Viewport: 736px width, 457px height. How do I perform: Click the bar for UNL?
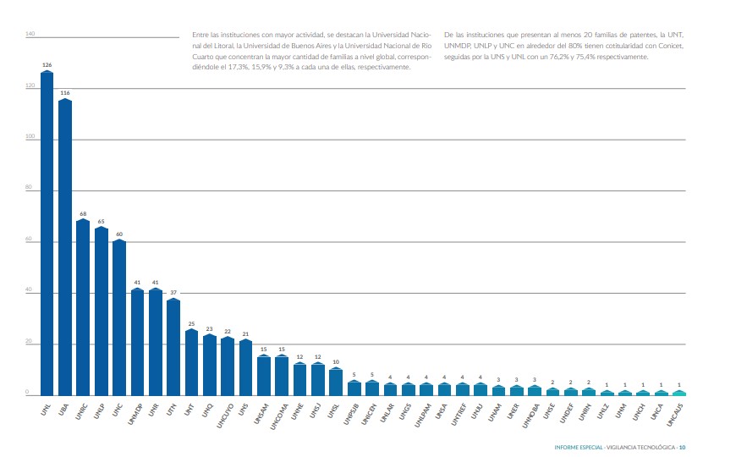47,233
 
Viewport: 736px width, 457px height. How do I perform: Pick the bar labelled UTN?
173,347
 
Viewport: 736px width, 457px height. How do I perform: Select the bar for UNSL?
336,382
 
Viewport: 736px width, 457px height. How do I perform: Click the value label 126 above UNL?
47,64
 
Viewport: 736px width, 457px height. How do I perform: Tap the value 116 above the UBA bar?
64,92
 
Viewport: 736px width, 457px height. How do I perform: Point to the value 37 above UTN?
173,292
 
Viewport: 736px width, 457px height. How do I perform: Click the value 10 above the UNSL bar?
336,361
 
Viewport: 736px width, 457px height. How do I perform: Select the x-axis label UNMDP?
135,411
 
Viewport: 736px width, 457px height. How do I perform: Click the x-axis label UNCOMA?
280,412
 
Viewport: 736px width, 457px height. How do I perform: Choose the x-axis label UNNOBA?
532,412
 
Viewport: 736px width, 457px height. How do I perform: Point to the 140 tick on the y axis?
30,34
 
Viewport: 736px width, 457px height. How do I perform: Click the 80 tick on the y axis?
29,190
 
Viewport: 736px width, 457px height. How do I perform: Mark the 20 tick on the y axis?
29,344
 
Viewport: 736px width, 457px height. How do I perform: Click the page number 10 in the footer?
682,448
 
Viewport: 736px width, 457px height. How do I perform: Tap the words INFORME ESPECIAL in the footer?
579,448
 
